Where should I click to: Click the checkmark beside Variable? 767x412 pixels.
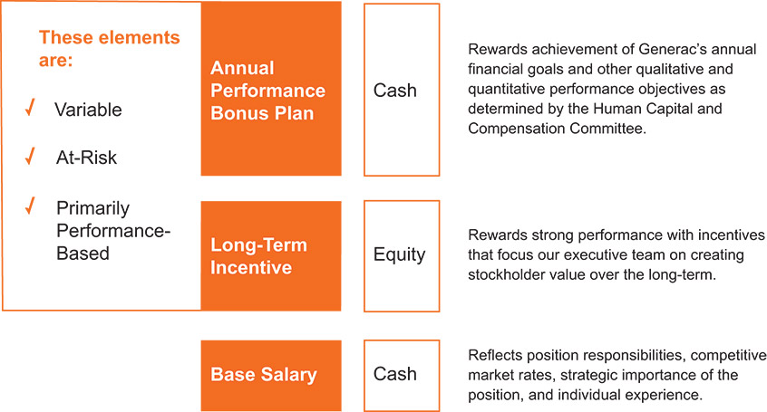(30, 108)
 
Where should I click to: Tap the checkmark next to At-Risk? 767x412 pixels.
(30, 156)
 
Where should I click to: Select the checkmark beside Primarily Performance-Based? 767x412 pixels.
(30, 206)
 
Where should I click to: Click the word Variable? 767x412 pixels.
(88, 110)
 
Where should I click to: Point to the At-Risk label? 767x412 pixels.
(86, 158)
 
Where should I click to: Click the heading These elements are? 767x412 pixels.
(110, 48)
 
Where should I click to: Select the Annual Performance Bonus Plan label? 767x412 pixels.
(267, 91)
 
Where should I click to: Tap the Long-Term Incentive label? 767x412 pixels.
(258, 256)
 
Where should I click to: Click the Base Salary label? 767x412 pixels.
(264, 374)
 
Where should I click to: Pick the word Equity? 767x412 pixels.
(399, 255)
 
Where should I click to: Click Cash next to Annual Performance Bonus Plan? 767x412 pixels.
(394, 91)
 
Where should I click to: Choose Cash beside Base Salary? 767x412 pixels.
(394, 374)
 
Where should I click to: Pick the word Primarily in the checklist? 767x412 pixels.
(93, 208)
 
